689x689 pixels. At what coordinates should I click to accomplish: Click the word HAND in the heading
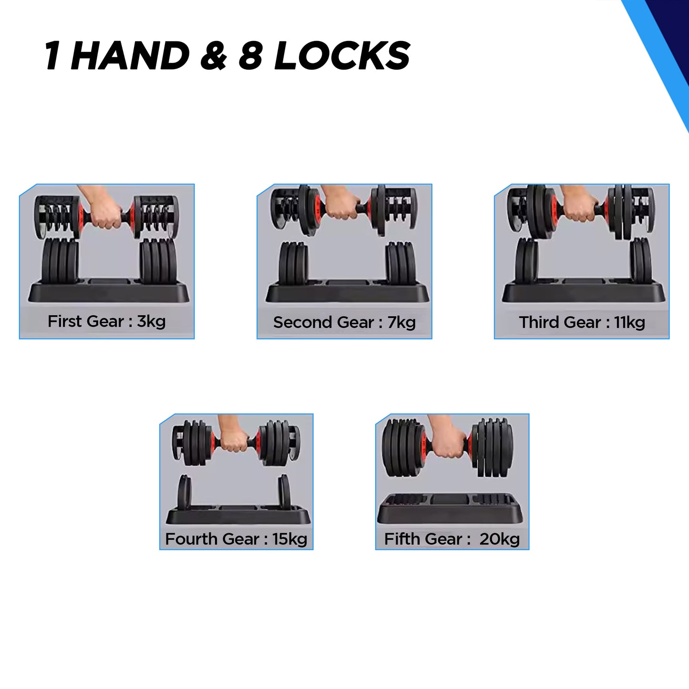click(130, 55)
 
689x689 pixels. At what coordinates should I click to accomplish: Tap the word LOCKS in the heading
click(342, 55)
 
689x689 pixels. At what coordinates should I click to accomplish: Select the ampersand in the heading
click(214, 55)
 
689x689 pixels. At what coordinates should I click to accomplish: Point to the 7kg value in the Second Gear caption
click(401, 322)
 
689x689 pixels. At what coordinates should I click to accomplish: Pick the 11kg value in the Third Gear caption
click(630, 322)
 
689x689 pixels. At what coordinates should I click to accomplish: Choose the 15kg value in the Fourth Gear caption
click(289, 539)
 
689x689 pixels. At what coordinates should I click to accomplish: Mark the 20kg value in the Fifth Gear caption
click(500, 539)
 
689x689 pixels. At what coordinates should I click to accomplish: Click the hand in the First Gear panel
click(103, 208)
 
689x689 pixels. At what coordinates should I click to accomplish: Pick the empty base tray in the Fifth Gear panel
click(450, 509)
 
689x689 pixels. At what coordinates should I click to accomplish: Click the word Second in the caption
click(303, 322)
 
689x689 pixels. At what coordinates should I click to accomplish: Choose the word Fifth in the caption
click(399, 539)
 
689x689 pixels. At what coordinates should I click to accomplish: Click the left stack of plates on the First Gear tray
click(60, 261)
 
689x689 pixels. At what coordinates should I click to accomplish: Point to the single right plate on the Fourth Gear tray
click(284, 492)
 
